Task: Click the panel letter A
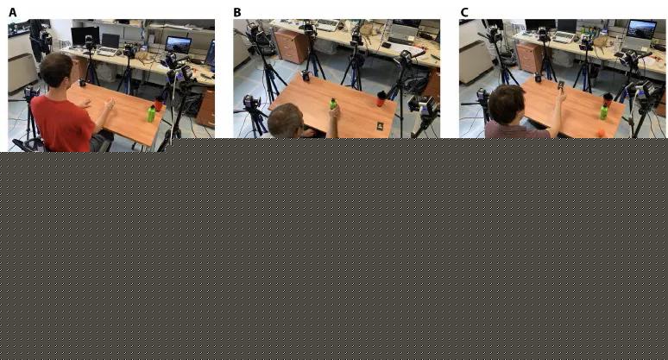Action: [13, 13]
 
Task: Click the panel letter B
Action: [237, 13]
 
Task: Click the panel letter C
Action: [464, 13]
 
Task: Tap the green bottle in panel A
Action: [151, 114]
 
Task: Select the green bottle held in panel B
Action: [333, 104]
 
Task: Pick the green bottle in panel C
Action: [603, 111]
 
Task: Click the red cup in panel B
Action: [381, 98]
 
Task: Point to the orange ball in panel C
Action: [602, 132]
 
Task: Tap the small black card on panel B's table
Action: [380, 125]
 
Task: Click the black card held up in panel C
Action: [561, 85]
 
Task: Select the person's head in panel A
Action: [56, 69]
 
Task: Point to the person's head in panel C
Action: [507, 104]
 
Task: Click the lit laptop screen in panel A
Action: [178, 44]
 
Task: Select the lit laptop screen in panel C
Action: [641, 29]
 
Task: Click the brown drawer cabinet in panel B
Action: [290, 46]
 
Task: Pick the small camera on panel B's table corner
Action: [306, 76]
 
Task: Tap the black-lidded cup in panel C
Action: [608, 100]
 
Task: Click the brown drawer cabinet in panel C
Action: [529, 57]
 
